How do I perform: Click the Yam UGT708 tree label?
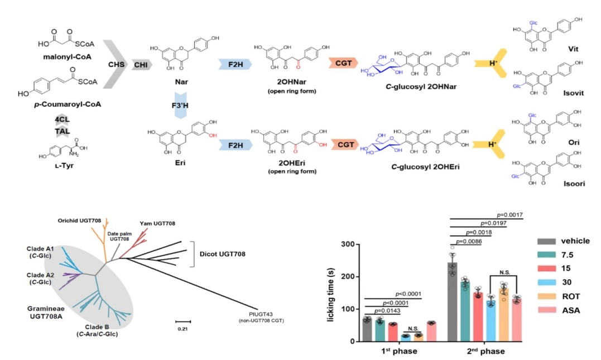tap(158, 223)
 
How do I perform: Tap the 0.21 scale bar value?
tap(182, 329)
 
